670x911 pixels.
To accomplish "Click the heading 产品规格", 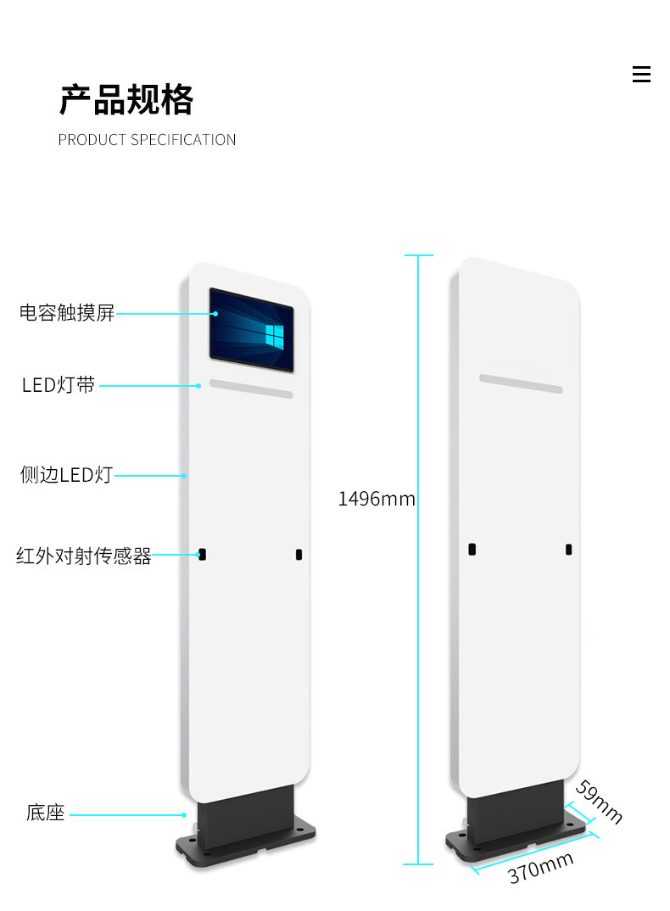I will coord(126,100).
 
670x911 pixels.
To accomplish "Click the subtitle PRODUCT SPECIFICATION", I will coord(147,140).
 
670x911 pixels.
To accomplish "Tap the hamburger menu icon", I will coord(641,75).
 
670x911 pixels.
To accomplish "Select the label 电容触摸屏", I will coord(67,313).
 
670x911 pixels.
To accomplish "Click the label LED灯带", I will coord(59,385).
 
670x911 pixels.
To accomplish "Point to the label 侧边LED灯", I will coord(66,475).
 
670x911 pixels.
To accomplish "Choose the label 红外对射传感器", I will coord(83,556).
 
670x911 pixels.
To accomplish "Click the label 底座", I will coord(45,813).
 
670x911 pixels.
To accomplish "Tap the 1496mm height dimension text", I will coord(377,499).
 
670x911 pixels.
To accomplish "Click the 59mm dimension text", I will coord(599,802).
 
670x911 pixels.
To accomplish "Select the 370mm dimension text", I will coord(541,868).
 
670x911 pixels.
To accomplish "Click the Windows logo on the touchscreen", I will coord(274,335).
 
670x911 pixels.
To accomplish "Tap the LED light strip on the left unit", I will coord(251,388).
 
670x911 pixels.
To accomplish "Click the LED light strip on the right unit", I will coord(521,383).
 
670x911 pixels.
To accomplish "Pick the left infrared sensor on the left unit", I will coord(202,554).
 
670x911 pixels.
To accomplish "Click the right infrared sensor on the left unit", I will coord(299,555).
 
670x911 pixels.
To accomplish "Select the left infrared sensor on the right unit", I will coord(472,550).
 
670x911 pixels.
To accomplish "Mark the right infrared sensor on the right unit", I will coord(568,550).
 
